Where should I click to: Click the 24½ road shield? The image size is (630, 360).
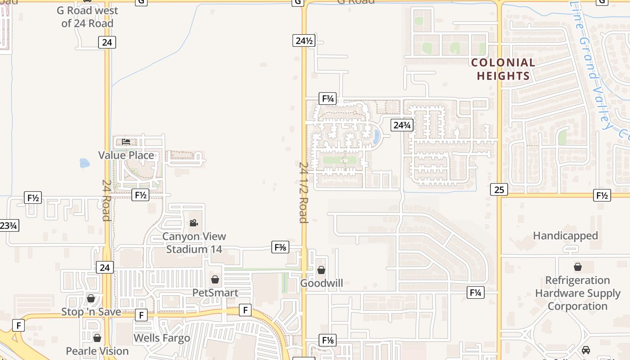click(304, 40)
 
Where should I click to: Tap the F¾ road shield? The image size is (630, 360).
click(328, 99)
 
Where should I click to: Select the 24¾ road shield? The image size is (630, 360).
click(401, 125)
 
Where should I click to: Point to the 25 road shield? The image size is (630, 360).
click(499, 189)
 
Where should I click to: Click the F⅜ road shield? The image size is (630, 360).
click(280, 247)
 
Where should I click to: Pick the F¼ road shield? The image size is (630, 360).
click(475, 292)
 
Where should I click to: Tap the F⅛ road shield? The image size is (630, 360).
click(328, 340)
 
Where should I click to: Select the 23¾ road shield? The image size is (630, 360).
click(9, 225)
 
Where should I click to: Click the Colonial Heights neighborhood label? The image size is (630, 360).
click(503, 69)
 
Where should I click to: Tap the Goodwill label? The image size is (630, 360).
click(321, 283)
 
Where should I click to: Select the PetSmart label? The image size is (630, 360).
click(215, 292)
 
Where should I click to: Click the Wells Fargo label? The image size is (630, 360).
click(162, 338)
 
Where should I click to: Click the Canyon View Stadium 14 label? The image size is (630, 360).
click(194, 243)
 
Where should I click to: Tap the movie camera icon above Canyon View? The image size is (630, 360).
click(193, 223)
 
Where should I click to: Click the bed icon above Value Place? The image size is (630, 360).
click(126, 141)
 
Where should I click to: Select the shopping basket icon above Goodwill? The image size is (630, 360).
click(321, 270)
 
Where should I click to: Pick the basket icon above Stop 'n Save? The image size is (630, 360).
click(91, 298)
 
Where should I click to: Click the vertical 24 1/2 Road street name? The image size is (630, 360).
click(303, 192)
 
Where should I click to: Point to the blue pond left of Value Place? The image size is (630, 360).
click(85, 163)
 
